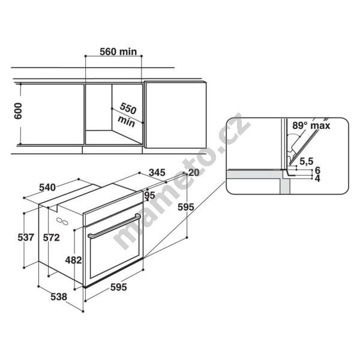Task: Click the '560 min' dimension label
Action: [x=118, y=52]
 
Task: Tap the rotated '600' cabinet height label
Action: [x=18, y=111]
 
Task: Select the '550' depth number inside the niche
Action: [x=128, y=108]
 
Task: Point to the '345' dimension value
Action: [x=157, y=172]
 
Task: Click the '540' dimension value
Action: [x=47, y=188]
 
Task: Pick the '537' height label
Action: [x=26, y=238]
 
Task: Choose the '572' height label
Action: [x=52, y=238]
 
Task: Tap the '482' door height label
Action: [x=73, y=260]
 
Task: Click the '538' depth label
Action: [x=59, y=297]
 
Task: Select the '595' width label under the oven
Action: [x=118, y=287]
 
